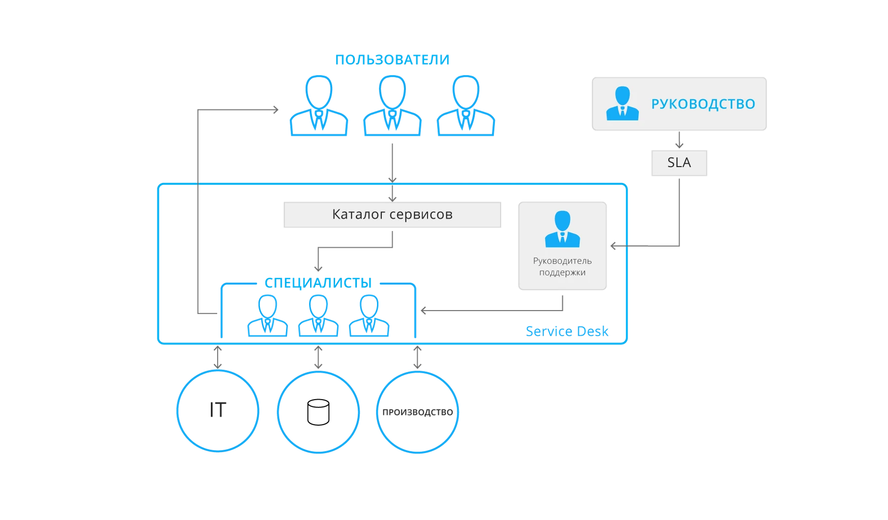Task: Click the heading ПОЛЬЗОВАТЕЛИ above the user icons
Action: point(392,60)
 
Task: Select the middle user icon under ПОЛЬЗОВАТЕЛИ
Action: point(393,107)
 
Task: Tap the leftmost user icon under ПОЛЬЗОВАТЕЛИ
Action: point(318,107)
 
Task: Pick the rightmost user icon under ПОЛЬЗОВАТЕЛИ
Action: point(466,107)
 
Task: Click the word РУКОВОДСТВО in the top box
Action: point(703,104)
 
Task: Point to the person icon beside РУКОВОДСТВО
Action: point(622,104)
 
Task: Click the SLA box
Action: point(678,163)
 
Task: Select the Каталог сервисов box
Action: point(393,214)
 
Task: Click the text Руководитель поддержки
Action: point(562,266)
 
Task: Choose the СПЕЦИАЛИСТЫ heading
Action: point(318,283)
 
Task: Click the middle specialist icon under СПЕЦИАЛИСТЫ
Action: point(318,317)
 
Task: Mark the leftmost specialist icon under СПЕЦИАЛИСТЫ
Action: point(268,317)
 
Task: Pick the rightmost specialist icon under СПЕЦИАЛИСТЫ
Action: point(369,317)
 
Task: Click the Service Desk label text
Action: point(567,331)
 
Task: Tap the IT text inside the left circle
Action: point(217,411)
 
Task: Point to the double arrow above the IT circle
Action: point(218,357)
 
